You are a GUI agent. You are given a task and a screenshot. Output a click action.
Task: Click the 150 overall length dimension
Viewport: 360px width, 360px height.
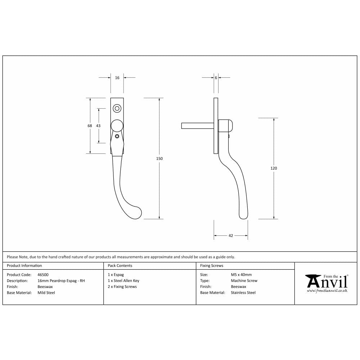click(159, 158)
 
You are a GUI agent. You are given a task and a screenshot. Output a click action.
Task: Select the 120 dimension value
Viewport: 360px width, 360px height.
click(274, 168)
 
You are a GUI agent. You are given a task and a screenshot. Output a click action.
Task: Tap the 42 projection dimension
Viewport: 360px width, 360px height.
click(231, 235)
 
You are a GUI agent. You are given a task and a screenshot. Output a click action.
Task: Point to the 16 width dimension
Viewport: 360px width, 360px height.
click(117, 78)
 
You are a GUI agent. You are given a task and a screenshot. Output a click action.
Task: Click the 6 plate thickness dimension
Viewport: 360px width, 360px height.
click(216, 78)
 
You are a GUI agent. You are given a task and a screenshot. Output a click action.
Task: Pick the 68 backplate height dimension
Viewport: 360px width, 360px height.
click(90, 126)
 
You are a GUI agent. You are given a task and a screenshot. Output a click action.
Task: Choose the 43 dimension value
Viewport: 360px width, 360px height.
click(98, 126)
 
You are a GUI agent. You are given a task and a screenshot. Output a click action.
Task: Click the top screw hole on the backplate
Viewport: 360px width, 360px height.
click(117, 109)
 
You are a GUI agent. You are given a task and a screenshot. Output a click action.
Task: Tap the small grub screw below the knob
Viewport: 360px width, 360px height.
click(117, 136)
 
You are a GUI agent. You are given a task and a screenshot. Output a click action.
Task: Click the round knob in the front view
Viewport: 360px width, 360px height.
click(117, 126)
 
